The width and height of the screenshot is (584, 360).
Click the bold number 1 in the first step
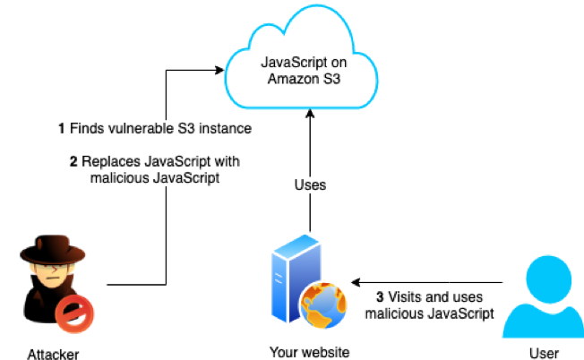tap(62, 129)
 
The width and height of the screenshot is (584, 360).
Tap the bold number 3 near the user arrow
tap(380, 296)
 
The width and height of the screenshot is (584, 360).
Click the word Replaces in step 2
tap(110, 161)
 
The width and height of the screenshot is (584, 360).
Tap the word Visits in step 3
tap(406, 296)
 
